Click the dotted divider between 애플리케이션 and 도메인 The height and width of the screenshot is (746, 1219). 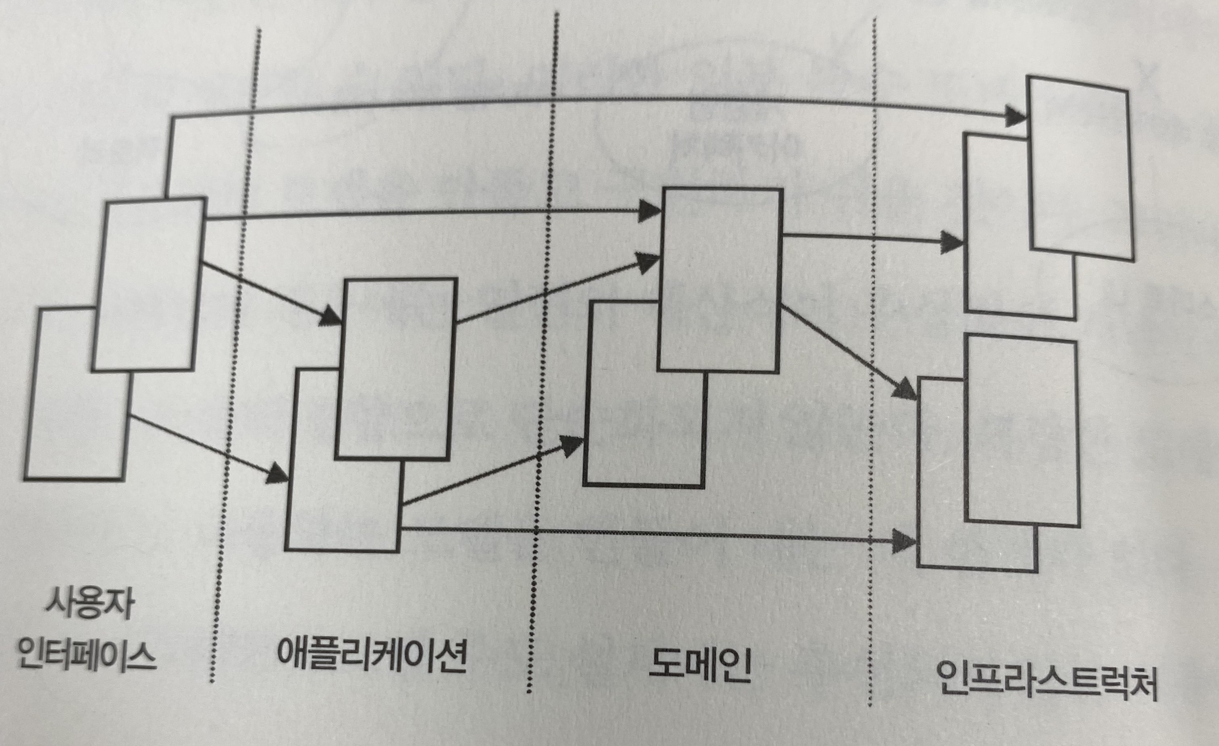tap(544, 346)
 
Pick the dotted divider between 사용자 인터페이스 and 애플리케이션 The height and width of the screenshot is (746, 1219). tap(233, 396)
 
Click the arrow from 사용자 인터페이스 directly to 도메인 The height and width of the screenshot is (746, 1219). tap(420, 214)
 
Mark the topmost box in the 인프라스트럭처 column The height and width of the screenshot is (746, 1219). tap(1081, 168)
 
